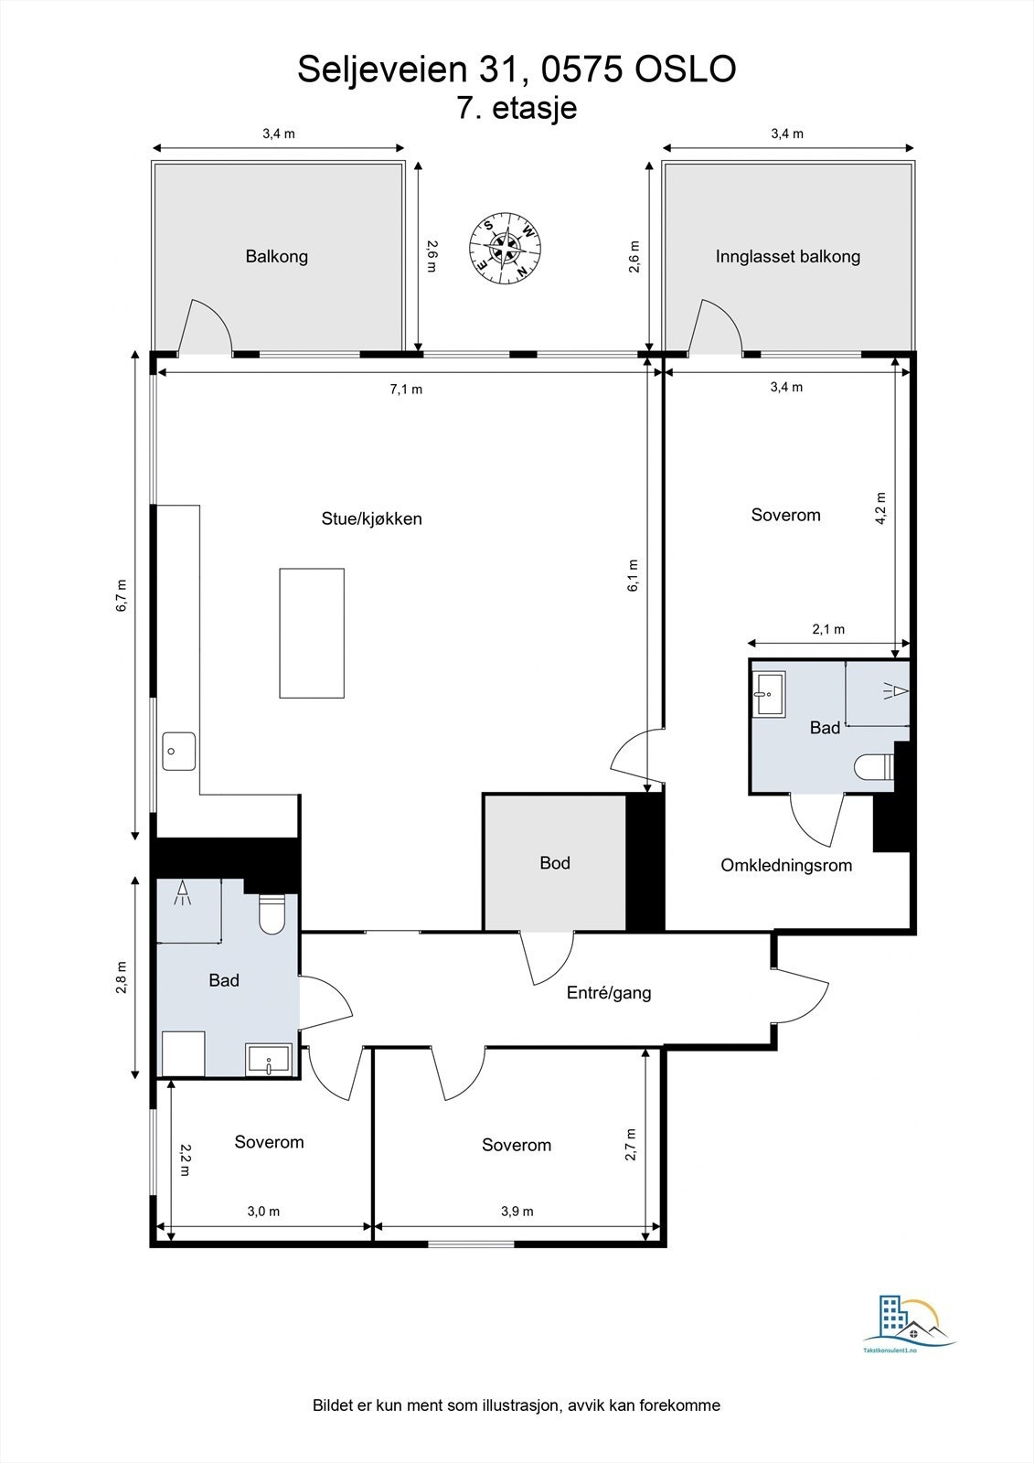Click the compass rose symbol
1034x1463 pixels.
coord(505,248)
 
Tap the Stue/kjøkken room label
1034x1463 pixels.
coord(372,518)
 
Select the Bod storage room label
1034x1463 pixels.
coord(555,863)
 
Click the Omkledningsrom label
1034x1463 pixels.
coord(786,865)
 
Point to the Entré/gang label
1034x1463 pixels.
coord(609,993)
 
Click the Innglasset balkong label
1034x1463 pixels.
coord(788,257)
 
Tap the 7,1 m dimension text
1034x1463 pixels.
coord(406,390)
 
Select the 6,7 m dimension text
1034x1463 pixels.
coord(123,595)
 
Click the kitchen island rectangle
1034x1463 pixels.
coord(313,633)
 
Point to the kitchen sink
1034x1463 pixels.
coord(179,751)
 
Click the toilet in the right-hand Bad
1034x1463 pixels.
coord(874,767)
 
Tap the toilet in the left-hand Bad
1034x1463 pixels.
coord(272,913)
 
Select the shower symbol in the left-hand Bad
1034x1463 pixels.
coord(182,892)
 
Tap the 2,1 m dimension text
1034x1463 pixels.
coord(828,629)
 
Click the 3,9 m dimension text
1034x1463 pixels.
coord(517,1211)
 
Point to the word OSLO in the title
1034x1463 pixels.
coord(686,69)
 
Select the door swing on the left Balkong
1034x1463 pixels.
coord(205,326)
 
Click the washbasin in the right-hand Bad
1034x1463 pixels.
coord(769,694)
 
